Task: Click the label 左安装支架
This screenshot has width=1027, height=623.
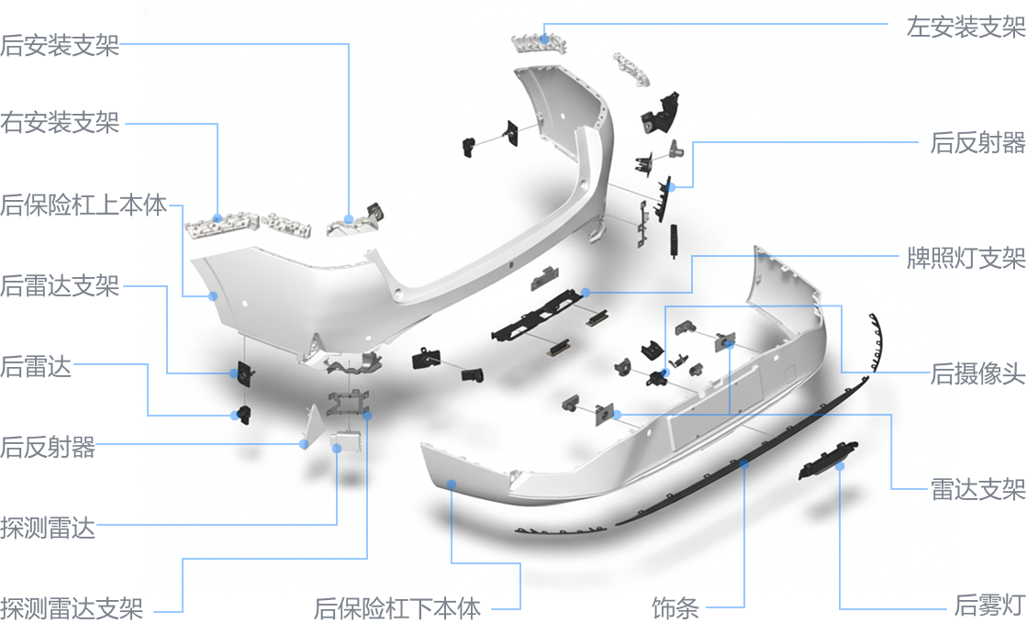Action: [966, 27]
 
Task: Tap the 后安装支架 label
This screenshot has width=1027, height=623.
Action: [60, 45]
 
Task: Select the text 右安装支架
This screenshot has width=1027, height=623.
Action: [60, 123]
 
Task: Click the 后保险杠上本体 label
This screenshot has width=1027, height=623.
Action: [84, 205]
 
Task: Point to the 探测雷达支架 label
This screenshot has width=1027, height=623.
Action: [72, 607]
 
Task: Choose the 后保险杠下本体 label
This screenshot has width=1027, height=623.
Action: [397, 607]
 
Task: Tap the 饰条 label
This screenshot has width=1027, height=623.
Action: [675, 607]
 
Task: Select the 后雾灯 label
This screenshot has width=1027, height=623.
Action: [989, 605]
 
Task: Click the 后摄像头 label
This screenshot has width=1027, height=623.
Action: [977, 373]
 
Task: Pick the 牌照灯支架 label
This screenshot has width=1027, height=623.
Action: [966, 258]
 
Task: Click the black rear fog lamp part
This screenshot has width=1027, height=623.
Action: [828, 460]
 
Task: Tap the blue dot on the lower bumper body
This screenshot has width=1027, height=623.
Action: [452, 484]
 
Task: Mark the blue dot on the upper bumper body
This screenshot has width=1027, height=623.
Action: [213, 296]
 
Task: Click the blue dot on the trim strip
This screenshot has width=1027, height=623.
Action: [744, 464]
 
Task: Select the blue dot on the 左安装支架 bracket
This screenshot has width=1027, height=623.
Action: [544, 39]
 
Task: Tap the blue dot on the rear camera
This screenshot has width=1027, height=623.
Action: [664, 373]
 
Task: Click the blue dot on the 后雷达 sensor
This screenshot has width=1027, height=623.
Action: [234, 416]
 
